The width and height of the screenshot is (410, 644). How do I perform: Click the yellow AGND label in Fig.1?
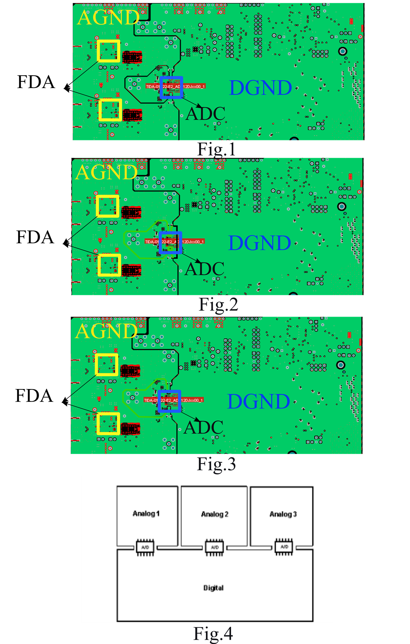tap(108, 18)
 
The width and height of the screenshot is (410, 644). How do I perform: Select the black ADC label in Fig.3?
tap(204, 427)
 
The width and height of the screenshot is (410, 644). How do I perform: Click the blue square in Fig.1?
tap(171, 87)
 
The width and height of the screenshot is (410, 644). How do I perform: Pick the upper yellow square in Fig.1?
tap(109, 51)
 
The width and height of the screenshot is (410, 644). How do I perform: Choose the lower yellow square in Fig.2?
tap(109, 265)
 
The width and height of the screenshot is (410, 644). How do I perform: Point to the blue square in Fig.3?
tap(170, 401)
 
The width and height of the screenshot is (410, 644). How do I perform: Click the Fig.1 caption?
tap(216, 149)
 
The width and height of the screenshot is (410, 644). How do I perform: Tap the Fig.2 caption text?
tap(218, 304)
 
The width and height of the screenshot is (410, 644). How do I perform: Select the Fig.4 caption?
tap(213, 633)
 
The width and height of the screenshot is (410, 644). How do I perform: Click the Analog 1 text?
tap(146, 514)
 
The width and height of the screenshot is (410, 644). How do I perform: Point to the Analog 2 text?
tap(215, 514)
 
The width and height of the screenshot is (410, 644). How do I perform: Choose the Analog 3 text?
tap(283, 514)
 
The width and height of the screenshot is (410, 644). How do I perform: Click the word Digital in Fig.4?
tap(213, 588)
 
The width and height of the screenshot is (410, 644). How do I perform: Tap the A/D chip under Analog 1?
tap(145, 547)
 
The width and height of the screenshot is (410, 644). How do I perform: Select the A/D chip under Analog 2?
tap(214, 547)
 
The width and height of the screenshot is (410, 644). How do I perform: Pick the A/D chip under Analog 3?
tap(284, 547)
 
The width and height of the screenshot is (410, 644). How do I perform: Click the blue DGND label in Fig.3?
tap(258, 401)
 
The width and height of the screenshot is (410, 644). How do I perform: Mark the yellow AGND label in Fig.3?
tap(106, 331)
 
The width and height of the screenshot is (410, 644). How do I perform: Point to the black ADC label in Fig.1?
tap(205, 114)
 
